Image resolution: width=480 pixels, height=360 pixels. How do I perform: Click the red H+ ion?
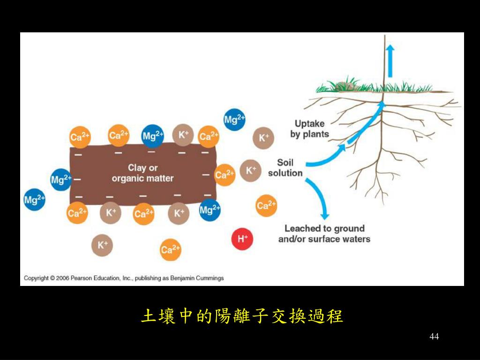click(242, 239)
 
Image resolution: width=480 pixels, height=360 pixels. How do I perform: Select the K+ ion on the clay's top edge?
click(183, 135)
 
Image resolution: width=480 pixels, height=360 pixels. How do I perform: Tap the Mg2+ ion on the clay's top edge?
click(152, 136)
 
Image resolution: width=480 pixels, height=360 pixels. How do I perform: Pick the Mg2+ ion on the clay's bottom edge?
click(209, 210)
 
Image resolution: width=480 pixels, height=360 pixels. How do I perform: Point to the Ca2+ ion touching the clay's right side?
click(224, 175)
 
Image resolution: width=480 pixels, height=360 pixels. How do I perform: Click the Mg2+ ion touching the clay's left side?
click(61, 179)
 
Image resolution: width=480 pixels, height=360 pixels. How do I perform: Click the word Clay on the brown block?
click(136, 168)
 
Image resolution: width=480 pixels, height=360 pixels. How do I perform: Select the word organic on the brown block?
click(127, 179)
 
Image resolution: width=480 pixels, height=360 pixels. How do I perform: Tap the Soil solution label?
click(285, 168)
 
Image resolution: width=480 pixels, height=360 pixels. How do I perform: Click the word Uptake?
click(309, 124)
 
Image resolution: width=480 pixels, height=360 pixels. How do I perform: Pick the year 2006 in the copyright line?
click(62, 278)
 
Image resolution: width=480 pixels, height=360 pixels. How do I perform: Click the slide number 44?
click(434, 337)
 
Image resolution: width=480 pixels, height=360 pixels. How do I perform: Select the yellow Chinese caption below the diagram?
click(242, 316)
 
